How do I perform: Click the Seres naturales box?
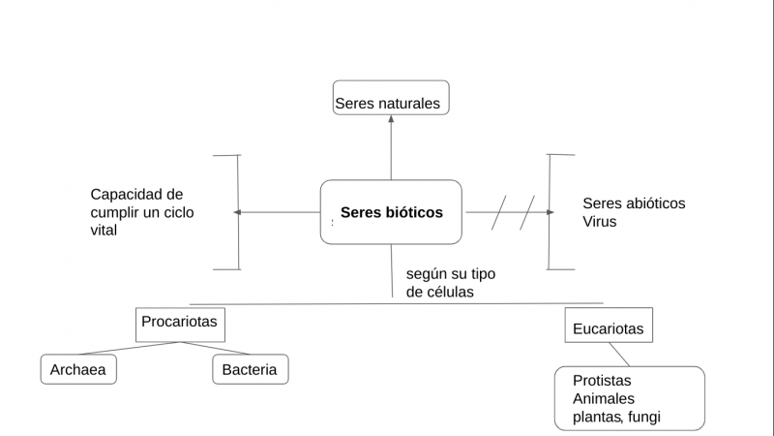(x=391, y=98)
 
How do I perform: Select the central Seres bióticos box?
(x=391, y=211)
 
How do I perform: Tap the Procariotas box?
(x=180, y=323)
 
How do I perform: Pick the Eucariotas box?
(x=608, y=326)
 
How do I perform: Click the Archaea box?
(x=78, y=369)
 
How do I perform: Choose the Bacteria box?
(x=250, y=369)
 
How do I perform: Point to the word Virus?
(x=599, y=222)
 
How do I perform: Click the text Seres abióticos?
(x=634, y=203)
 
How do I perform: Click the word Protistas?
(x=603, y=381)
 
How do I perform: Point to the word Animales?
(x=603, y=398)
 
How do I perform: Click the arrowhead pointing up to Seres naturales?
(x=391, y=119)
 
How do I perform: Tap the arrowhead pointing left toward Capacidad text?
(x=238, y=211)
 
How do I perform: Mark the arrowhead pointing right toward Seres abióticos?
(x=550, y=211)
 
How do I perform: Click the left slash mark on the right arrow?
(x=498, y=212)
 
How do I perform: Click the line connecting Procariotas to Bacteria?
(x=218, y=349)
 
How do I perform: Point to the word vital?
(x=107, y=231)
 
